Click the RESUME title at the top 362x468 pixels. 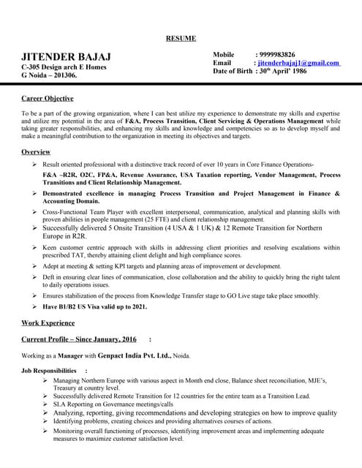[x=181, y=37]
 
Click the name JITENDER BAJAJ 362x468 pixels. [x=66, y=57]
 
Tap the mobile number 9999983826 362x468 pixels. [x=275, y=55]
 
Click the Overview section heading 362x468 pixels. [x=36, y=151]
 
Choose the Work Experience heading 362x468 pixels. [x=48, y=322]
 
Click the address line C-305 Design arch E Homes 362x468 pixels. [x=64, y=67]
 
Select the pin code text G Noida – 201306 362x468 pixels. [x=50, y=75]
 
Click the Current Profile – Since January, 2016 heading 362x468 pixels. [x=79, y=339]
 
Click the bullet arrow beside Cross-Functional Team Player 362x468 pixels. [x=34, y=211]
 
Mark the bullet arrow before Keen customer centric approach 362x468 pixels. [x=34, y=248]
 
